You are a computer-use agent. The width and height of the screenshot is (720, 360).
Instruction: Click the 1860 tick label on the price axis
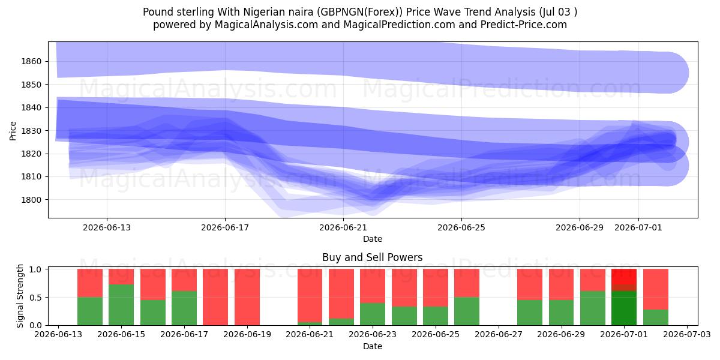(x=31, y=61)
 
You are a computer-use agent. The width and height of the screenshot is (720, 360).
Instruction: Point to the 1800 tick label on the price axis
(x=31, y=200)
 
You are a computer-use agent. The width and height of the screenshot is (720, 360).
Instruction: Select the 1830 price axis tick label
(x=31, y=131)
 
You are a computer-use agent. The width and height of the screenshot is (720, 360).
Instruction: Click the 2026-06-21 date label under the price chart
(x=343, y=227)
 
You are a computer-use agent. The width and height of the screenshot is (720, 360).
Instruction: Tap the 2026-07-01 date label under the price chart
(x=638, y=227)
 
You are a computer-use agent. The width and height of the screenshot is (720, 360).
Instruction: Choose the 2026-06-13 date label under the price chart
(x=107, y=227)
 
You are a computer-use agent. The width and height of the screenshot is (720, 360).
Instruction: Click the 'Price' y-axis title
(x=13, y=131)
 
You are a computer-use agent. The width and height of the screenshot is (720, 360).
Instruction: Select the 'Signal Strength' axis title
(x=20, y=296)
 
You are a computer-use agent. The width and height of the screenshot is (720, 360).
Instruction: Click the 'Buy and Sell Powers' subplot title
(x=373, y=257)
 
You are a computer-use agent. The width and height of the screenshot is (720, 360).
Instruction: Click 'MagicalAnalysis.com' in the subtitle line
(x=266, y=25)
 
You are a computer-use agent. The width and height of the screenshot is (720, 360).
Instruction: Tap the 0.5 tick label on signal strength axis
(x=35, y=298)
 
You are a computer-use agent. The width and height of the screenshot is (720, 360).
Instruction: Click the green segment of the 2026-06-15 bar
(x=121, y=305)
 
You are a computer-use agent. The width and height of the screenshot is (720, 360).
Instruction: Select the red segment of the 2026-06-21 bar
(x=310, y=295)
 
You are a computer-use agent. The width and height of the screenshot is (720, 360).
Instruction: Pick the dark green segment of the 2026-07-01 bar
(x=624, y=308)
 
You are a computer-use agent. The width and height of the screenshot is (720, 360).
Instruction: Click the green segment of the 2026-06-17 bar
(x=184, y=308)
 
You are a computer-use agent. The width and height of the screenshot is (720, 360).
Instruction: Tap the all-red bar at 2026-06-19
(x=247, y=297)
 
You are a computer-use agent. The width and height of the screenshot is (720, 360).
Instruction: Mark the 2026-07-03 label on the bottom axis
(x=687, y=335)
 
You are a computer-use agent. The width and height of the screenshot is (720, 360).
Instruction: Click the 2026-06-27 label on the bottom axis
(x=499, y=335)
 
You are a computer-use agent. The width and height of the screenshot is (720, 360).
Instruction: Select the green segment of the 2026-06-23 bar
(x=373, y=314)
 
